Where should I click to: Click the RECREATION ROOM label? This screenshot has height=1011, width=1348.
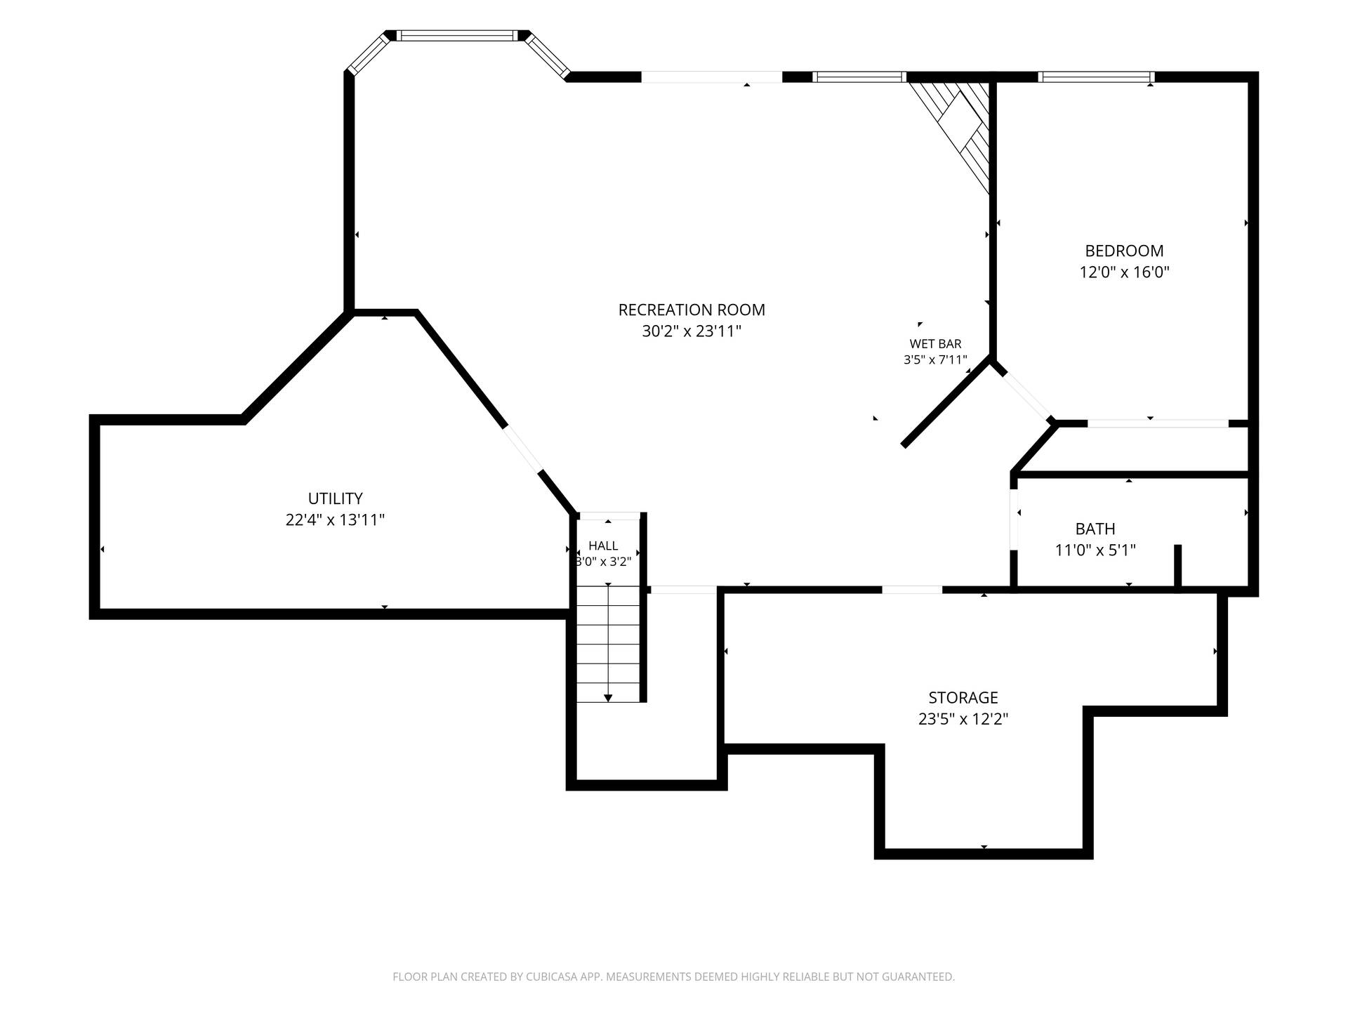coord(692,310)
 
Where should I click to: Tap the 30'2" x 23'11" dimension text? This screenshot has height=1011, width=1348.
coord(692,331)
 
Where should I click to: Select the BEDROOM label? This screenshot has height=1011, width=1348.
coord(1124,251)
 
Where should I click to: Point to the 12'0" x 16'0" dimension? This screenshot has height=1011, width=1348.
coord(1124,272)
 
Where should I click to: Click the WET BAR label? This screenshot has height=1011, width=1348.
coord(935,344)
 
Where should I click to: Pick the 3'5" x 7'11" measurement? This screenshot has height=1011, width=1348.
coord(935,360)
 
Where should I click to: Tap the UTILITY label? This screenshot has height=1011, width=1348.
coord(335,498)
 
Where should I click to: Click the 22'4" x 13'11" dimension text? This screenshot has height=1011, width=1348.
coord(335,520)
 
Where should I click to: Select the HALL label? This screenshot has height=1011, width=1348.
coord(603,546)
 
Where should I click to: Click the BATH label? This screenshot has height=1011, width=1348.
coord(1095,529)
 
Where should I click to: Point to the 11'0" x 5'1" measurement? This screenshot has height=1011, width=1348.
coord(1095,550)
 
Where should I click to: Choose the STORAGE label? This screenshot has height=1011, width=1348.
coord(963,697)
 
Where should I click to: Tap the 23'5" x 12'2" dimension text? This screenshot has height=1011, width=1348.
coord(963,719)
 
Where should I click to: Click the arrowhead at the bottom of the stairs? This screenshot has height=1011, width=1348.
coord(608,698)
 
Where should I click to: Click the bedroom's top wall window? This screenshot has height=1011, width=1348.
coord(1096,77)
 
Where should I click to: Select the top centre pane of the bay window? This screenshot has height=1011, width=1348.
coord(457,36)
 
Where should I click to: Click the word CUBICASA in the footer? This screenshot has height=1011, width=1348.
coord(553,977)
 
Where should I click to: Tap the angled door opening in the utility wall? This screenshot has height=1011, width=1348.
coord(522,449)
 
